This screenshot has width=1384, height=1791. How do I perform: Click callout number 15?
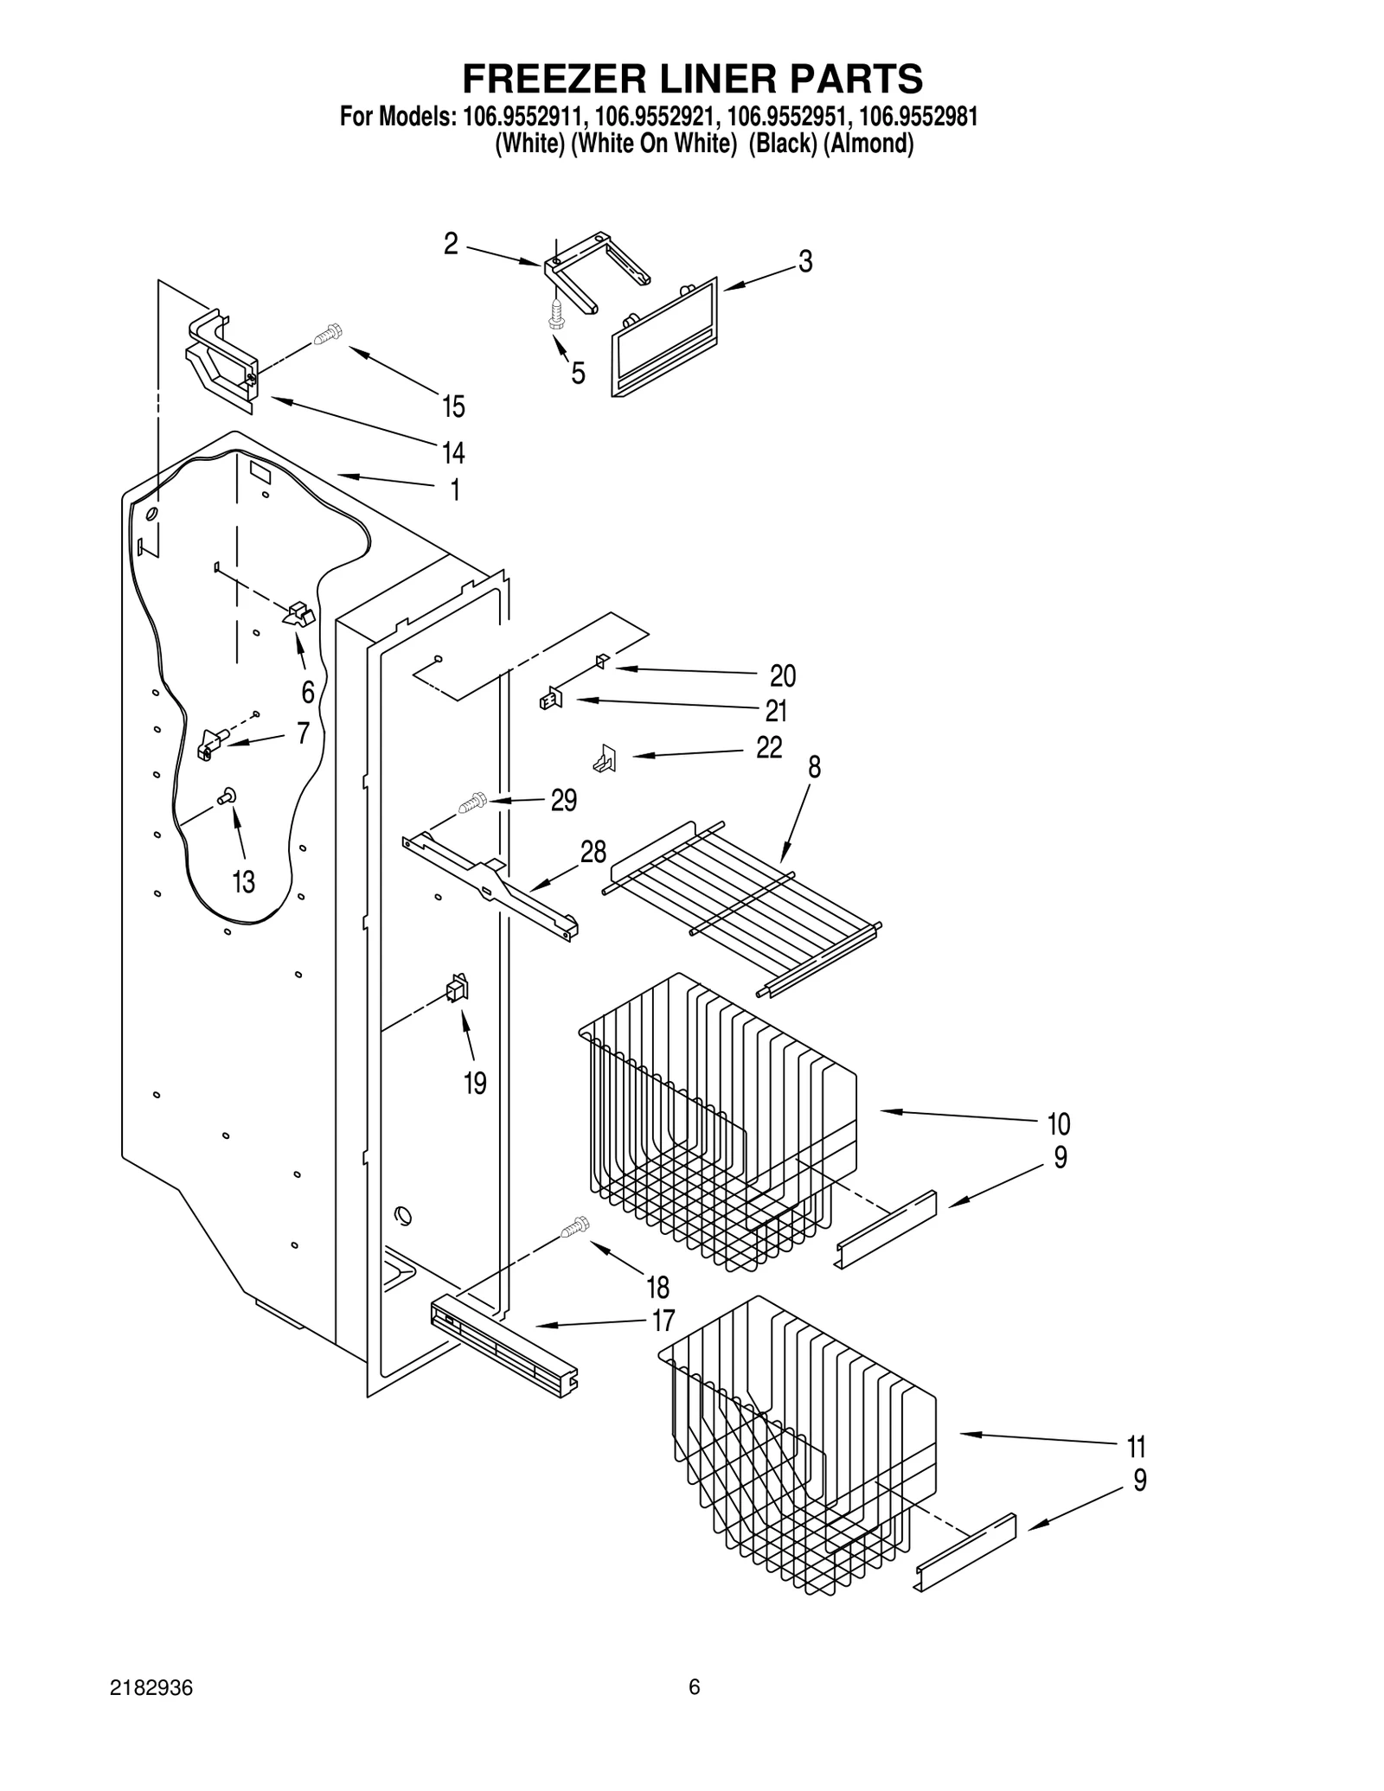pyautogui.click(x=453, y=406)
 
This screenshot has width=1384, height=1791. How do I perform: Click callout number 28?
pyautogui.click(x=593, y=852)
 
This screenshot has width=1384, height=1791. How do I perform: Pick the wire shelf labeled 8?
pyautogui.click(x=744, y=908)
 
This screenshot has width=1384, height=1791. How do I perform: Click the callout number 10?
pyautogui.click(x=1058, y=1123)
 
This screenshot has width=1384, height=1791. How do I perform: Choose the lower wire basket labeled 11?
pyautogui.click(x=796, y=1444)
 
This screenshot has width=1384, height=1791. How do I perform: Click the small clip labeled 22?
pyautogui.click(x=605, y=758)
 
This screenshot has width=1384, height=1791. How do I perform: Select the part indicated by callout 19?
pyautogui.click(x=457, y=988)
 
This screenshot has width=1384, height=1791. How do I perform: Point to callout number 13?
pyautogui.click(x=243, y=882)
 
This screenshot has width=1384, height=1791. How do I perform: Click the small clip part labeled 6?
pyautogui.click(x=298, y=615)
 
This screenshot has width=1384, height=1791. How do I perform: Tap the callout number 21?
pyautogui.click(x=776, y=711)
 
